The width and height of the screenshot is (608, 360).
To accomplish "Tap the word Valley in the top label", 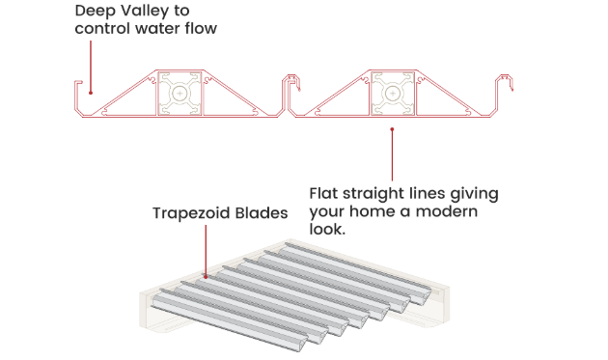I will [x=145, y=12].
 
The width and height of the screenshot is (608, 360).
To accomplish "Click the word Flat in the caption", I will [x=325, y=193].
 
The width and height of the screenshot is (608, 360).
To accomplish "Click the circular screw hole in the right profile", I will [x=393, y=95].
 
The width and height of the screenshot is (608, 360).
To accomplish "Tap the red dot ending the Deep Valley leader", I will [x=90, y=93].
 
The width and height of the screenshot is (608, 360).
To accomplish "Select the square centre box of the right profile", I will [x=393, y=95].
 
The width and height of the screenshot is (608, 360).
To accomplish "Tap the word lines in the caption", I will [x=433, y=193].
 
